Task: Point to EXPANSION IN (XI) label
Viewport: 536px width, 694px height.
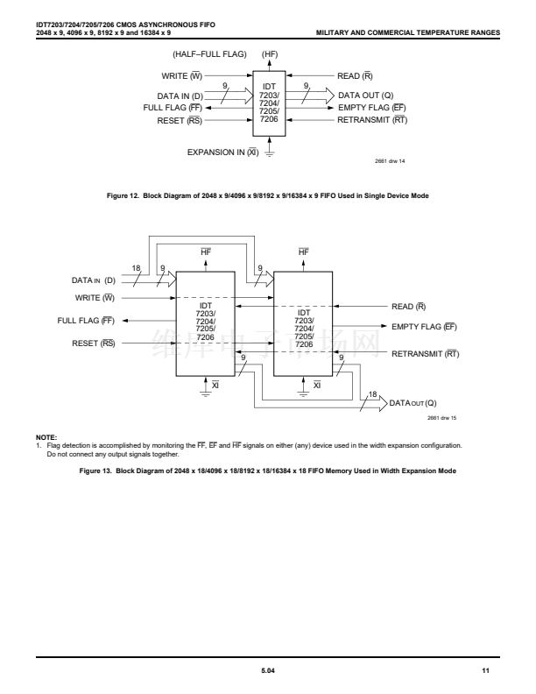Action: coord(222,152)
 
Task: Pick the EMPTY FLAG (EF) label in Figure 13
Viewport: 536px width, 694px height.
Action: coord(425,327)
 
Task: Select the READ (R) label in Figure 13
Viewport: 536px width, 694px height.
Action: coord(409,307)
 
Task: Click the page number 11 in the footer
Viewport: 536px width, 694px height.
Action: coord(485,670)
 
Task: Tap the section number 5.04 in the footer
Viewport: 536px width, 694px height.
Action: coord(267,670)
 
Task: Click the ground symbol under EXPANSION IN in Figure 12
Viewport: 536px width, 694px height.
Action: coord(269,155)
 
